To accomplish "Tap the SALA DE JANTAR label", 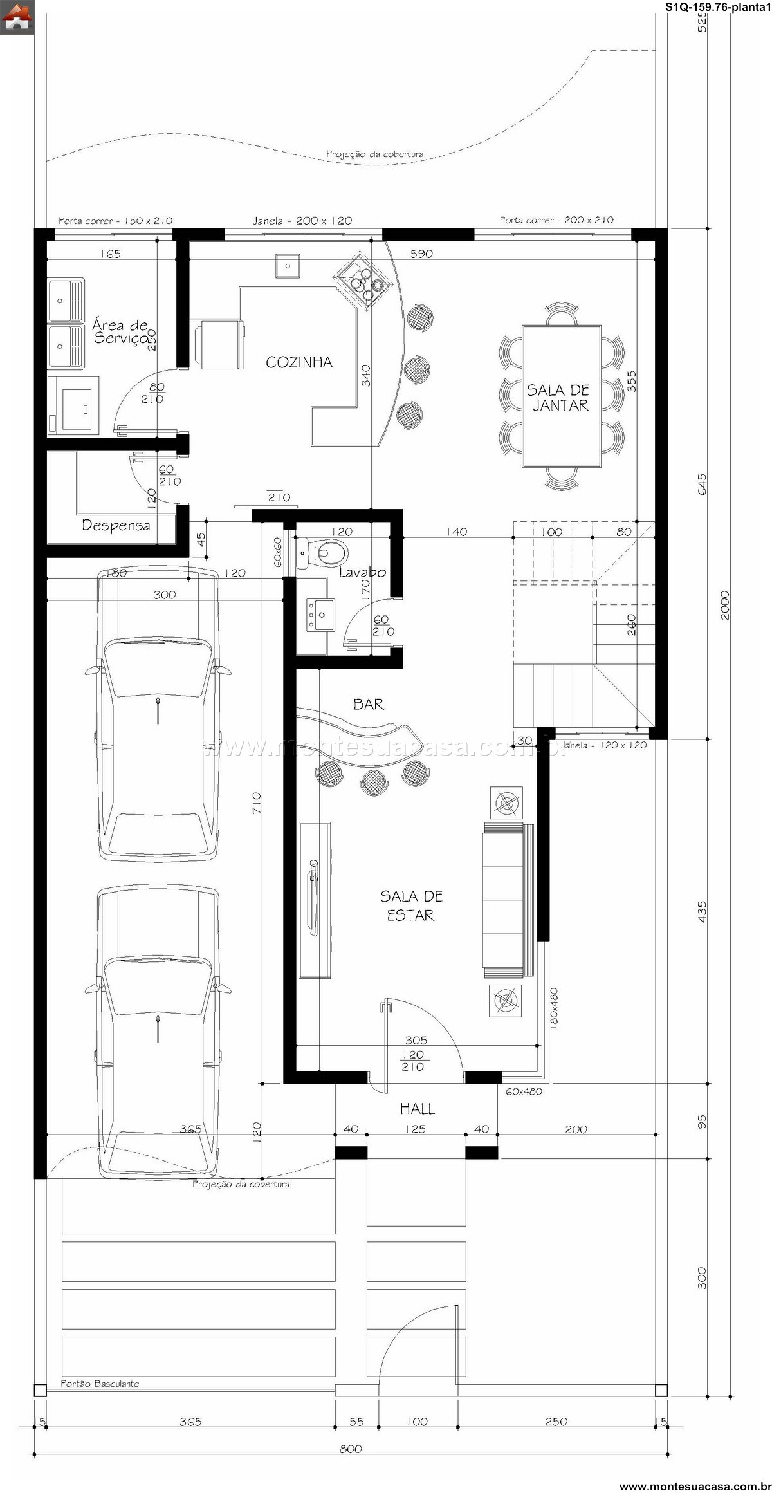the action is point(558,397).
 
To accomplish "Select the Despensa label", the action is point(116,526).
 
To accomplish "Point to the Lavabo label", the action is point(362,572).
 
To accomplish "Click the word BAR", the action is point(369,704).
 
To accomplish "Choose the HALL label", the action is point(418,1109).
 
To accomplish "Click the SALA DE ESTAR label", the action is point(411,905).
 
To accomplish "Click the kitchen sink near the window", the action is point(287,266).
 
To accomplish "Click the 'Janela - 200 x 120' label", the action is point(302,221).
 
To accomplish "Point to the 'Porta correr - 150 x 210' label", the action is point(116,221).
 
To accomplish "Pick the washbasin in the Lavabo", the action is point(320,615).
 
